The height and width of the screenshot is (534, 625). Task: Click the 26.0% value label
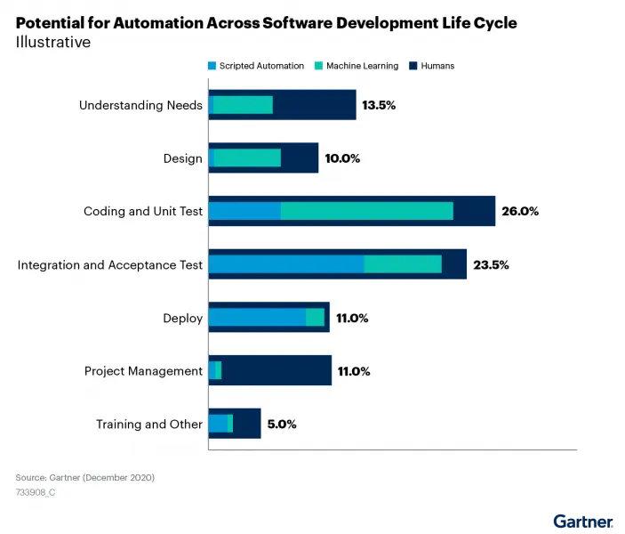(x=520, y=212)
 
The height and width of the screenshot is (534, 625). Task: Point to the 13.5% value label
(x=378, y=105)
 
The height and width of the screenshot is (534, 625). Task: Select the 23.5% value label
(x=491, y=265)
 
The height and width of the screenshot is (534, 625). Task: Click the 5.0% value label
(x=281, y=425)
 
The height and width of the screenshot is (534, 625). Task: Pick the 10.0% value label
(x=342, y=158)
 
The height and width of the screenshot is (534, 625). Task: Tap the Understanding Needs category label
(x=140, y=105)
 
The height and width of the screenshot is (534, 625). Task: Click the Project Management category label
(x=143, y=371)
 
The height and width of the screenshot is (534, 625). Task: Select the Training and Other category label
(x=149, y=425)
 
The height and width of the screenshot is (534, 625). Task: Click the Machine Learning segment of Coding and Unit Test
(x=366, y=211)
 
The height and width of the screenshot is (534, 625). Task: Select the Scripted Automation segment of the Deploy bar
(x=257, y=318)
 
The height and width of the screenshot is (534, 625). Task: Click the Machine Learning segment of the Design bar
(x=247, y=158)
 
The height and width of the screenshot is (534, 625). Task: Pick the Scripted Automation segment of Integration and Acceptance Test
(x=286, y=264)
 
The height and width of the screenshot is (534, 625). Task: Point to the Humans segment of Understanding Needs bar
(x=314, y=105)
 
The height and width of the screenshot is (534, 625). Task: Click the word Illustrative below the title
(x=52, y=43)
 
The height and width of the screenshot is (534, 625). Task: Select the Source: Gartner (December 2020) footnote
(x=85, y=478)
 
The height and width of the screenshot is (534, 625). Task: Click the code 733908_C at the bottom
(x=36, y=492)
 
